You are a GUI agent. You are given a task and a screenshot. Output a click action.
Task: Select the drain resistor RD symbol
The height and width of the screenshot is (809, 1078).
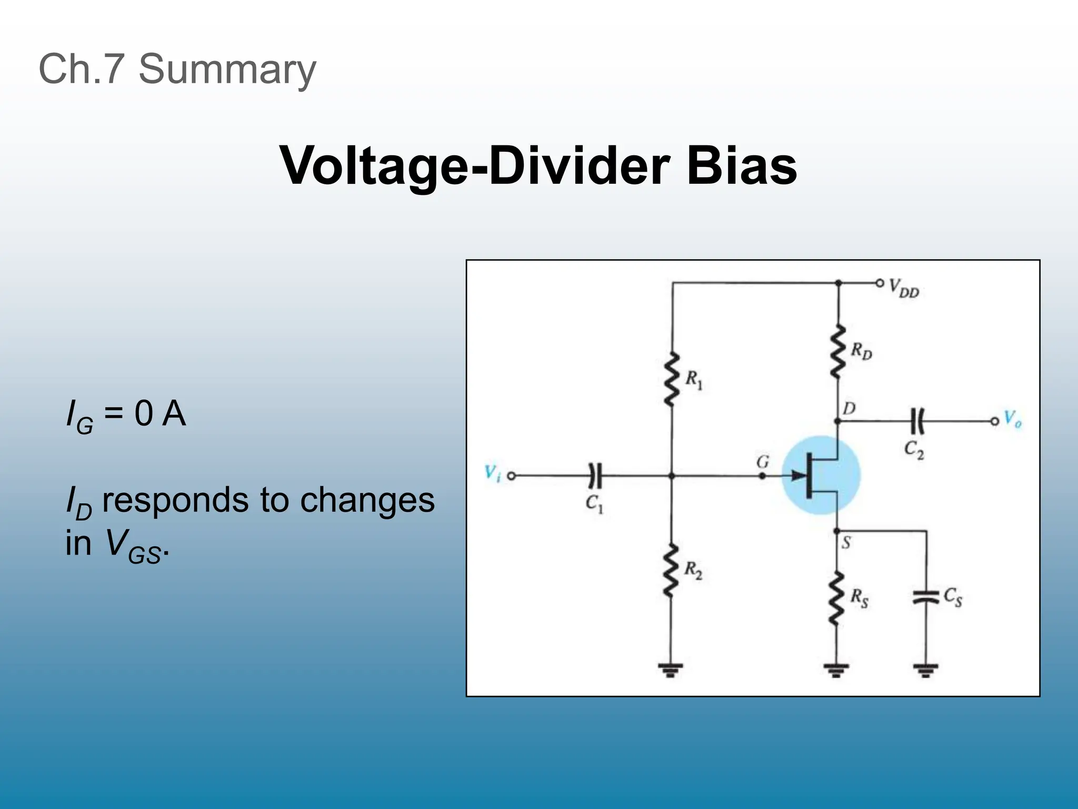pyautogui.click(x=838, y=351)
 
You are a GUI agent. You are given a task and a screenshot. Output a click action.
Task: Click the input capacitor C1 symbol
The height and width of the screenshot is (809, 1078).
pyautogui.click(x=594, y=476)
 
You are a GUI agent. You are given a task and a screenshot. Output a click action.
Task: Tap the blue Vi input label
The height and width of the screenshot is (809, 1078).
pyautogui.click(x=492, y=473)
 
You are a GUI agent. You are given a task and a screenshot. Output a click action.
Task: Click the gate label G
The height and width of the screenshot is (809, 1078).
pyautogui.click(x=763, y=462)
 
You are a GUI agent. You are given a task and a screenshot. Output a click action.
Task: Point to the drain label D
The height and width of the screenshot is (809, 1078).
pyautogui.click(x=849, y=408)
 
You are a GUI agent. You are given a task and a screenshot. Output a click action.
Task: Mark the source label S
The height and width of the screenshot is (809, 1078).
pyautogui.click(x=846, y=542)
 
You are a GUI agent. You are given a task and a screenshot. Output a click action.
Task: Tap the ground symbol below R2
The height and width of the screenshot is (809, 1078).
pyautogui.click(x=670, y=670)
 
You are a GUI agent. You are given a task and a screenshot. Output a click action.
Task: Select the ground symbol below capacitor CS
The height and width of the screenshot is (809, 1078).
pyautogui.click(x=925, y=670)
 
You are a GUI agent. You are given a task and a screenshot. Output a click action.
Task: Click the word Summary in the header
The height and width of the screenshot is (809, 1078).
pyautogui.click(x=227, y=69)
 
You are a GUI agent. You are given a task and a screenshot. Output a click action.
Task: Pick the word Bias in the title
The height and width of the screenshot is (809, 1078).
pyautogui.click(x=741, y=165)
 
